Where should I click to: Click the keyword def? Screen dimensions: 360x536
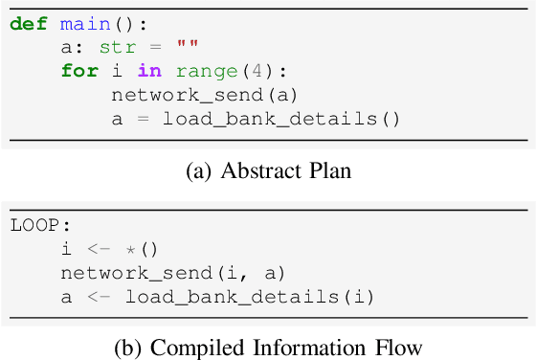30,24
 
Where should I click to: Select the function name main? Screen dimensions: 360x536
79,24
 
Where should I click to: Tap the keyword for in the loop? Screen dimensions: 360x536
79,72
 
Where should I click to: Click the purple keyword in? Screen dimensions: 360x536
149,72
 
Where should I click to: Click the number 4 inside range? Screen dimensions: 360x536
241,72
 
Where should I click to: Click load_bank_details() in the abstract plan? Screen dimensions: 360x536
279,120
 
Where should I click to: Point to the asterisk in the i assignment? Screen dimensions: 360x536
148,250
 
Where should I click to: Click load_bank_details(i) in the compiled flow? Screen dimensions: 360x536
248,297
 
